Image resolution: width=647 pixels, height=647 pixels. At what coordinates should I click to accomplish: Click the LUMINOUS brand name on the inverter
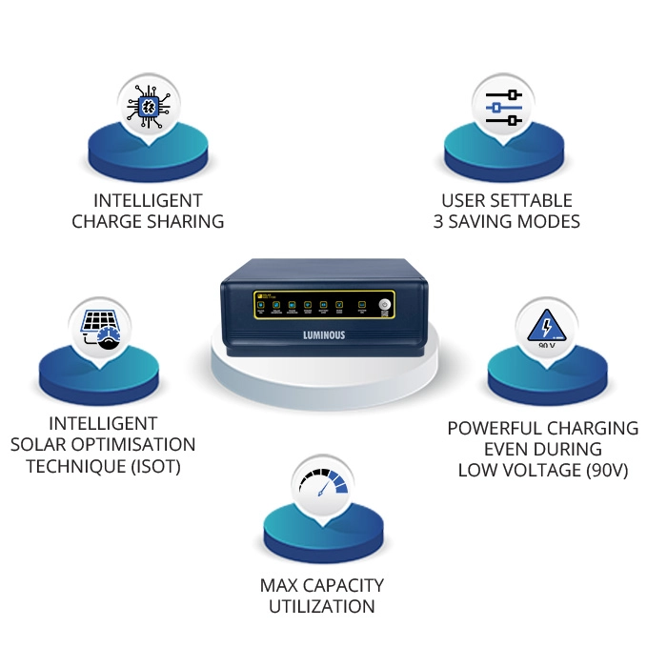pos(323,337)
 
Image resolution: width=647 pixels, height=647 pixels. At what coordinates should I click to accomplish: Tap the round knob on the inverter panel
pos(384,306)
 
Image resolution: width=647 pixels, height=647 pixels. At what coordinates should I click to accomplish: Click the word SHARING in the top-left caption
pos(188,222)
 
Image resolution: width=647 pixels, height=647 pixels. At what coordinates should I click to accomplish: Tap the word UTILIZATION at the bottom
pos(322,606)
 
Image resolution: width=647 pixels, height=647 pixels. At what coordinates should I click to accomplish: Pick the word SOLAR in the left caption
pos(38,445)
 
